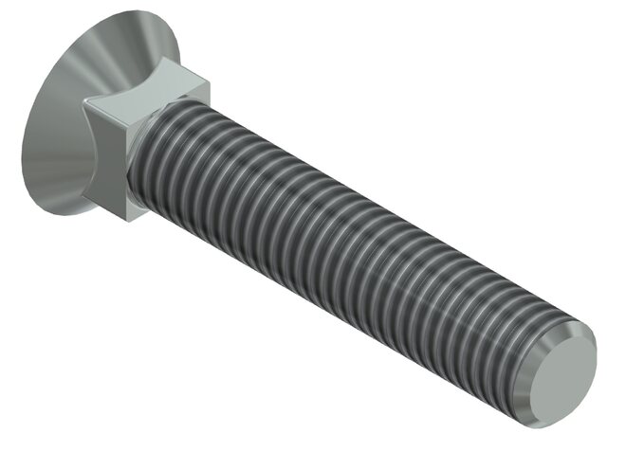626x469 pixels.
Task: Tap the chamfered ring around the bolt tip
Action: [580, 334]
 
